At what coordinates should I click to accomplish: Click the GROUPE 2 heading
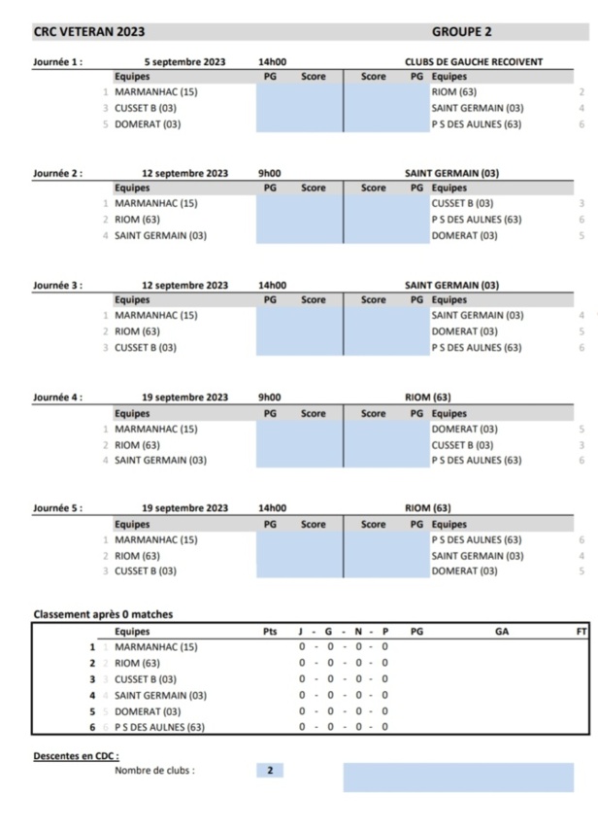point(462,32)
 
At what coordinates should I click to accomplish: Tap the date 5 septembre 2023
point(184,63)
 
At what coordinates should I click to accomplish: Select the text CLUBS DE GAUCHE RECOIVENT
point(474,63)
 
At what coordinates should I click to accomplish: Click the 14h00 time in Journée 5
point(272,508)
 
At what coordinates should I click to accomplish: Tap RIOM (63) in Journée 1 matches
point(451,92)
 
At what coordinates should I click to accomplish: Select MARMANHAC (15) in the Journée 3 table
point(156,315)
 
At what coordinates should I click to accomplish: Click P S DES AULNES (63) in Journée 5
point(477,539)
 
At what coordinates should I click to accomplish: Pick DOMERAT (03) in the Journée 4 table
point(464,429)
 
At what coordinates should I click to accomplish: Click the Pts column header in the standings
point(270,632)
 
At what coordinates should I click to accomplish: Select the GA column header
point(501,632)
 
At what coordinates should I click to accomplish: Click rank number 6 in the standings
point(93,727)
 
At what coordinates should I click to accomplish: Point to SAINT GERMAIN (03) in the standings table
point(160,695)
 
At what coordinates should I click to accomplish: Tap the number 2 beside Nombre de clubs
point(270,771)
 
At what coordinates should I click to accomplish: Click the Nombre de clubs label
point(154,771)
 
